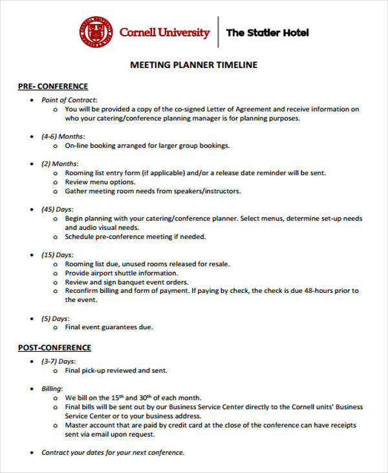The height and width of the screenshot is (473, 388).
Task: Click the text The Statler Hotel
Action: (268, 33)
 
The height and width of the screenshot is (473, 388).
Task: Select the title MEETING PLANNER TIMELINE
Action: (194, 65)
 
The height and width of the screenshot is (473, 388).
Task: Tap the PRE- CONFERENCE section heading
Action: (52, 86)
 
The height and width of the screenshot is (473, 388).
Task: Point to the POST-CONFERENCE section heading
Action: (54, 348)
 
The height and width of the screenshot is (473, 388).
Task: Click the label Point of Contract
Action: (69, 100)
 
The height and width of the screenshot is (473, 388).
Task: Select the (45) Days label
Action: (58, 209)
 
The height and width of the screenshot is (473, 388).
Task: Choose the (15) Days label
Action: (58, 255)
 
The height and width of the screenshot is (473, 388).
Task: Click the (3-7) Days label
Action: (59, 361)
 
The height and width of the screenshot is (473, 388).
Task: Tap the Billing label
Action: (52, 388)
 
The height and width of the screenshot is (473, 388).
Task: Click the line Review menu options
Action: (100, 182)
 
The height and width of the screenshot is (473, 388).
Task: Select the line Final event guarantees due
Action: (109, 328)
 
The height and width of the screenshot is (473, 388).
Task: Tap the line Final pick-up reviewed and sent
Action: (116, 371)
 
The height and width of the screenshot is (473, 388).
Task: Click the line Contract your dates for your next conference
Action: (113, 452)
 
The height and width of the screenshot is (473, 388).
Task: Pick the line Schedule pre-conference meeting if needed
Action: (135, 237)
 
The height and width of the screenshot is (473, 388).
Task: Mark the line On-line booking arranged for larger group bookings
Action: (147, 146)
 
